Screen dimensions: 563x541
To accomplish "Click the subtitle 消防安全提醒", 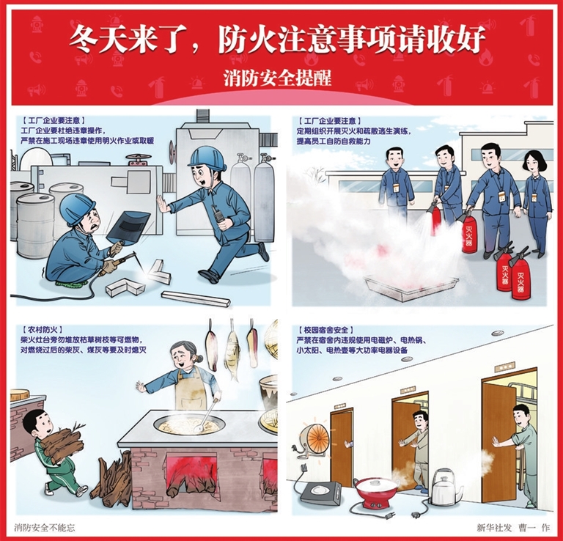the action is [x=277, y=78].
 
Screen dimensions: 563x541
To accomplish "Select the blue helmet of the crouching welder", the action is [x=77, y=209].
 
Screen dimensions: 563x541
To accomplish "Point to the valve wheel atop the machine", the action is [x=139, y=157].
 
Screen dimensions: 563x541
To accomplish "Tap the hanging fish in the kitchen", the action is [x=232, y=356].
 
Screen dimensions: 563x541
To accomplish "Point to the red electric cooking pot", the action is [x=376, y=491].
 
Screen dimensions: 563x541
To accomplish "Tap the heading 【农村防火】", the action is [x=43, y=329].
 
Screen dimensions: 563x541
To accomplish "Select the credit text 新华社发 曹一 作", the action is [x=513, y=527].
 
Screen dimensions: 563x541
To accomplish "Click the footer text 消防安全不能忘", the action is [x=45, y=527].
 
